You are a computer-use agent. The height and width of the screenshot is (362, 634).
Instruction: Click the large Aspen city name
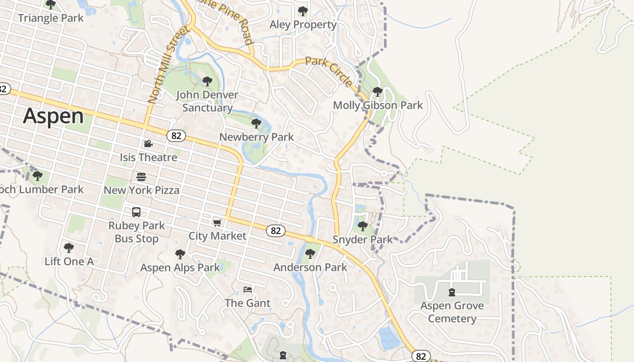(x=53, y=116)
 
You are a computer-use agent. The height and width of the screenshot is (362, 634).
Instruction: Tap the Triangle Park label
(x=51, y=18)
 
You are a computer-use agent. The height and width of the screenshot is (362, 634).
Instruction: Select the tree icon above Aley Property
(x=303, y=11)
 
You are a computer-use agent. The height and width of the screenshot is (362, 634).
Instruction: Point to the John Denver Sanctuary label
(x=207, y=101)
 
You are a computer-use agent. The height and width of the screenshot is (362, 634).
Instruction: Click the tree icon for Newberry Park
(x=256, y=124)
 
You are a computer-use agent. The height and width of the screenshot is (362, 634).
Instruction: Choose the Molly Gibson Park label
(x=378, y=105)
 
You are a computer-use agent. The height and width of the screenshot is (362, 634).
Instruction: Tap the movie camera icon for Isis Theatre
(x=148, y=144)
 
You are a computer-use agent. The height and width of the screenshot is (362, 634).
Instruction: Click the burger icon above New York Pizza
(x=141, y=176)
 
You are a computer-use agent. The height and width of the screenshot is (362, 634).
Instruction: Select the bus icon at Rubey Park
(x=136, y=212)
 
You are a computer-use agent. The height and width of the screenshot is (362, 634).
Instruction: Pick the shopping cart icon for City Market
(x=217, y=223)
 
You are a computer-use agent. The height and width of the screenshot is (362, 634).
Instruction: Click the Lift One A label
(x=69, y=261)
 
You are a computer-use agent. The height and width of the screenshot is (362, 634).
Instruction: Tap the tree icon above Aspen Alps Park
(x=180, y=254)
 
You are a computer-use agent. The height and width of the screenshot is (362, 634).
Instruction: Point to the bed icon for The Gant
(x=247, y=290)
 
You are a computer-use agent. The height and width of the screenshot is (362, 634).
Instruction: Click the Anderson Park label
(x=310, y=267)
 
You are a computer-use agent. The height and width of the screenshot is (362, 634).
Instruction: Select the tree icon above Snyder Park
(x=362, y=226)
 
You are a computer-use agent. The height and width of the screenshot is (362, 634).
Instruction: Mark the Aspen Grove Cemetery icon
(x=451, y=292)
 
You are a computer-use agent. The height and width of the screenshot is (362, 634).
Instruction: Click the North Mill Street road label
(x=168, y=65)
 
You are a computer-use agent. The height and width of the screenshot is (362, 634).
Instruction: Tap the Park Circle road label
(x=329, y=72)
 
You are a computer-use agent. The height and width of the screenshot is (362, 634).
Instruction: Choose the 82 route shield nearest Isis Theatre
(x=176, y=135)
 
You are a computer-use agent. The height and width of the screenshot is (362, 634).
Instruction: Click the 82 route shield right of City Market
(x=275, y=231)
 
